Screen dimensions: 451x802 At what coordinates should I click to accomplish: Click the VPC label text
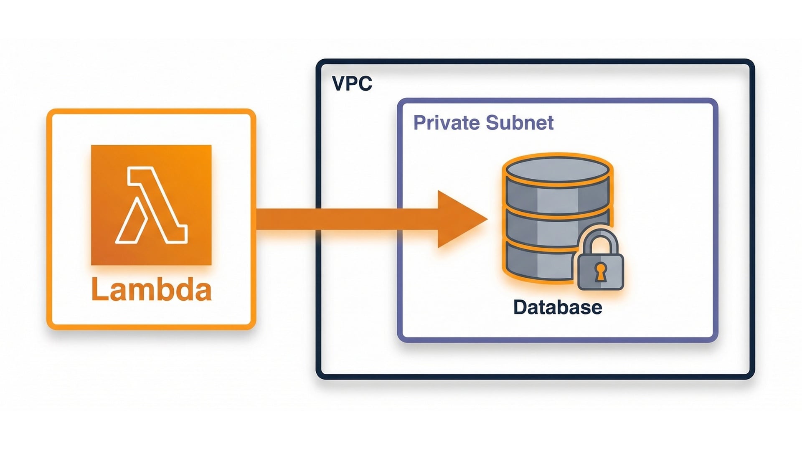coord(352,84)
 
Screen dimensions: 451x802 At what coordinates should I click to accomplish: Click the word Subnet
coord(520,123)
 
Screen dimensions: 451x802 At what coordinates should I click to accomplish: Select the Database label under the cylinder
coord(557,307)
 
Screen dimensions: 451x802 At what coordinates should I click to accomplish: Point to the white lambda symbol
coord(151,205)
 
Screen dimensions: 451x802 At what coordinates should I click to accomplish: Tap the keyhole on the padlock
coord(600,272)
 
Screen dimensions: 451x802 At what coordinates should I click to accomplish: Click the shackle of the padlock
coord(600,240)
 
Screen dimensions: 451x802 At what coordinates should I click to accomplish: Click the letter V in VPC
coord(339,84)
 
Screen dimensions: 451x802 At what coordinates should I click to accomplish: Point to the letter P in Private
coord(420,123)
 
